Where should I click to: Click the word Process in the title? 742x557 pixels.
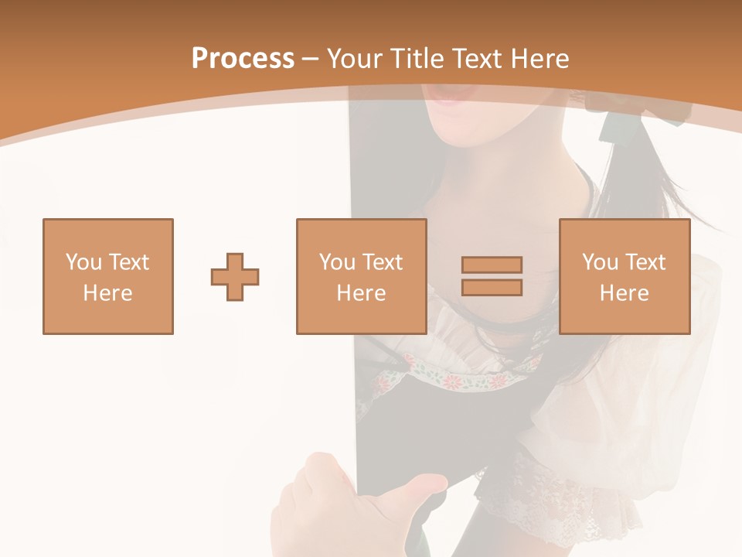tap(243, 59)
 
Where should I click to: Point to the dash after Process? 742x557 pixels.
tap(310, 60)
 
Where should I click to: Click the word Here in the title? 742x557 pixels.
tap(538, 59)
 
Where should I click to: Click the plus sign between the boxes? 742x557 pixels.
tap(235, 277)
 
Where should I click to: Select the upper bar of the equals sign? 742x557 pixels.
tap(492, 265)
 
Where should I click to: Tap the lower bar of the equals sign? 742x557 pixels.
tap(492, 287)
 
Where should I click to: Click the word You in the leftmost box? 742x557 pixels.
tap(83, 262)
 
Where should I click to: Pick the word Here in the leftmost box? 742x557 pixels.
tap(107, 293)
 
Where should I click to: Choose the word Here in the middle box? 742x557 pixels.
tap(361, 293)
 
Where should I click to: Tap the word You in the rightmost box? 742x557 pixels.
tap(600, 262)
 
